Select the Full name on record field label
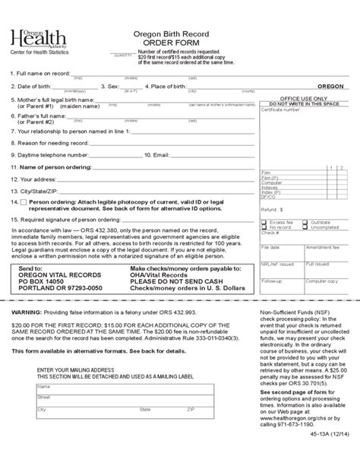coord(42,74)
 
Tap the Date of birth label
coord(34,87)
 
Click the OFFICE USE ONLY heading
coord(304,99)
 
